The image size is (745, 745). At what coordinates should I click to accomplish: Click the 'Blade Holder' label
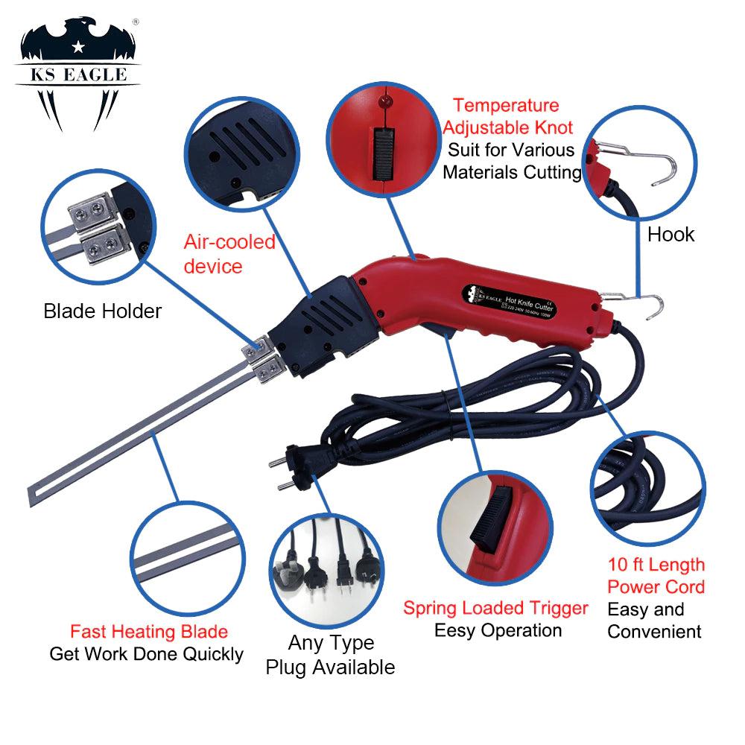103,311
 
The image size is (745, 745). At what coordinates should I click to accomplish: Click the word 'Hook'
670,235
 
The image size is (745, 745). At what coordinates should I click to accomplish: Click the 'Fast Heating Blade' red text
149,632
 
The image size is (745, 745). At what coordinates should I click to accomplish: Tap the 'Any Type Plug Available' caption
330,655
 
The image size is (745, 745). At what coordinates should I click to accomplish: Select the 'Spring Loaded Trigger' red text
496,607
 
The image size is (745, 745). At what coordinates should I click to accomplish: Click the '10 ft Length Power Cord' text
656,576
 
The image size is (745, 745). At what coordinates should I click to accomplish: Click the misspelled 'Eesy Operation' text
498,630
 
